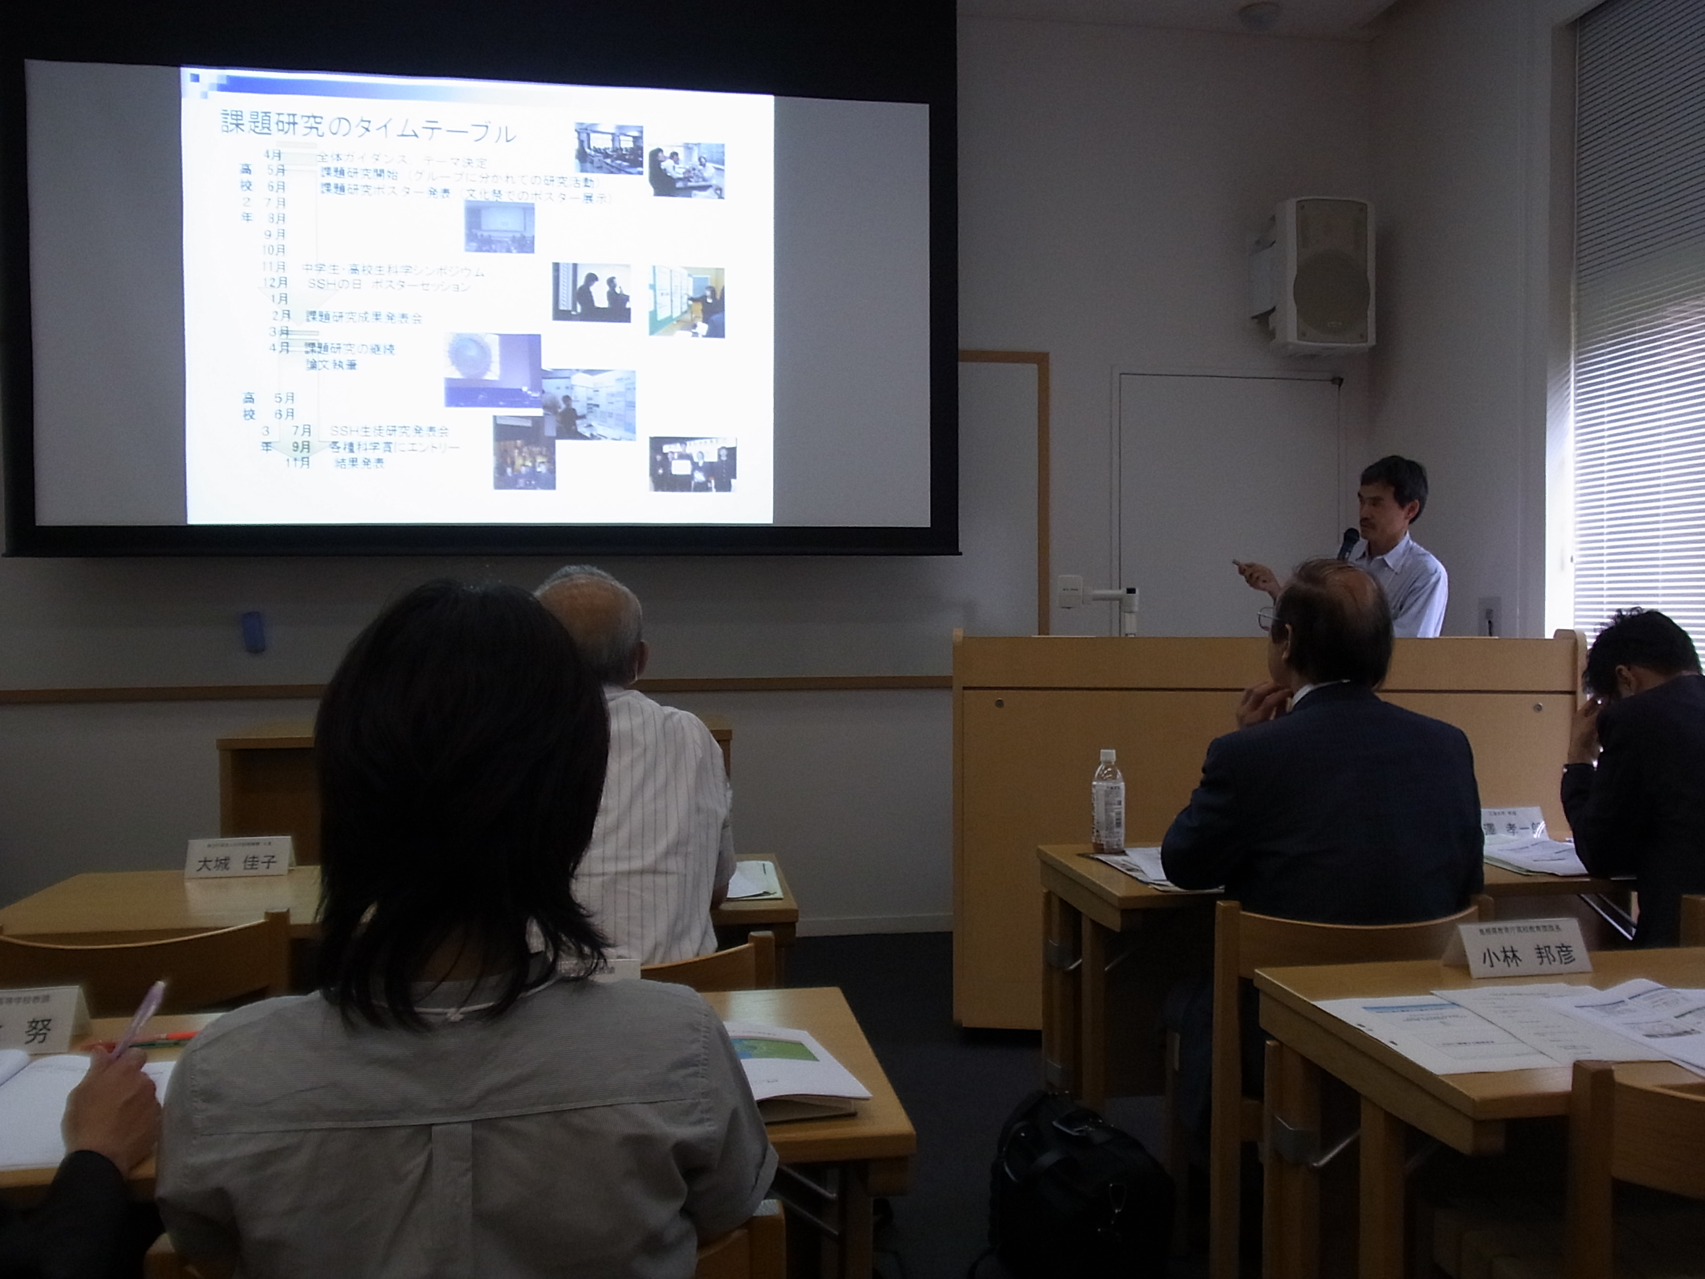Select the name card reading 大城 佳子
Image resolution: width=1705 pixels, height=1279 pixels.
(x=230, y=857)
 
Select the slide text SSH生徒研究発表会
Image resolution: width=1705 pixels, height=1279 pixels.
(x=389, y=431)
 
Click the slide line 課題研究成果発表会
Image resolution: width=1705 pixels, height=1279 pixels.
(x=363, y=317)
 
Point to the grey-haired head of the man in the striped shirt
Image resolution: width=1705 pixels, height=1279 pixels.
(x=592, y=620)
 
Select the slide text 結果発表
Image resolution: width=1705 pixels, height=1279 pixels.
(x=359, y=463)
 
